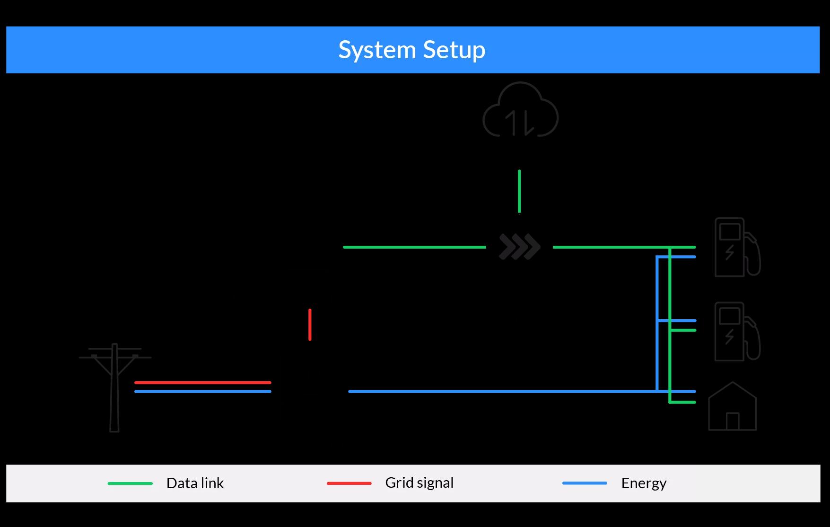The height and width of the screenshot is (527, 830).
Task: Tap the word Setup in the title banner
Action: pos(454,50)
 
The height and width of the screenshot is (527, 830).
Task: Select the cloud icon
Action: pos(520,110)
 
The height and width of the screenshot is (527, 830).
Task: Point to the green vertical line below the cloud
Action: pos(519,192)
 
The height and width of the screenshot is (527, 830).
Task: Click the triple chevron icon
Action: pos(519,247)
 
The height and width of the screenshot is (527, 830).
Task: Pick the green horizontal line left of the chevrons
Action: pos(414,247)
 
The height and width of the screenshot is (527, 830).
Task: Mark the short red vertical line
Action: pos(310,325)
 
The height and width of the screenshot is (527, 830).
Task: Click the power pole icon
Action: pos(114,386)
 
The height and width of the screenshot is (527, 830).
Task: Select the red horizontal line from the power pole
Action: pos(202,382)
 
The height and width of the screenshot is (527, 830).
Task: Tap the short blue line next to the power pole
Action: pos(202,392)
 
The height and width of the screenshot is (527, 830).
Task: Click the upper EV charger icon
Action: pos(736,247)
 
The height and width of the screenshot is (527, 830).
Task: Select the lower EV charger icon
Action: pos(736,331)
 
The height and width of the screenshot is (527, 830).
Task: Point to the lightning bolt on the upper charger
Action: pos(730,252)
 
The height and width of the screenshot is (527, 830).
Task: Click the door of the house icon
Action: pos(732,421)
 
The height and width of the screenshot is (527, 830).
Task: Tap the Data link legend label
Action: pos(195,483)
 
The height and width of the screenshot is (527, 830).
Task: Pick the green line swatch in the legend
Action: pos(130,483)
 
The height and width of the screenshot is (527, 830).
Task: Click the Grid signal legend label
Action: pos(419,483)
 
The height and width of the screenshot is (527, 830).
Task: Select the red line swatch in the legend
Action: pos(349,483)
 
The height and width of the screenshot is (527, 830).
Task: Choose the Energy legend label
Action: pos(644,483)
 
